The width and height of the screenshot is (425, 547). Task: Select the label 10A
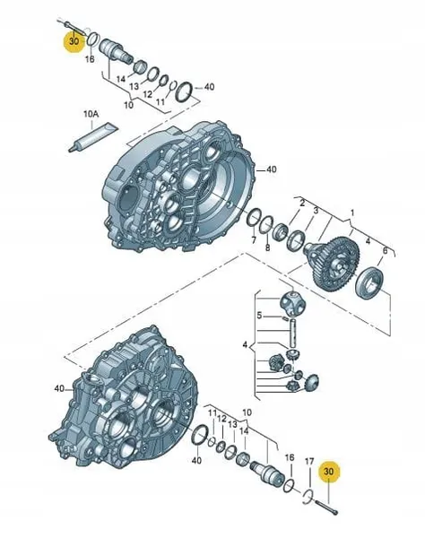pos(91,116)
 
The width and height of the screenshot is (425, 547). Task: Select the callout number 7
pos(254,240)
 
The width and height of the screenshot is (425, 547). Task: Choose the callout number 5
pos(258,315)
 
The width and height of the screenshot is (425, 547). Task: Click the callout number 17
pos(308,462)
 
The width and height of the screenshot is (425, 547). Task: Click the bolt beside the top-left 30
pos(69,22)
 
